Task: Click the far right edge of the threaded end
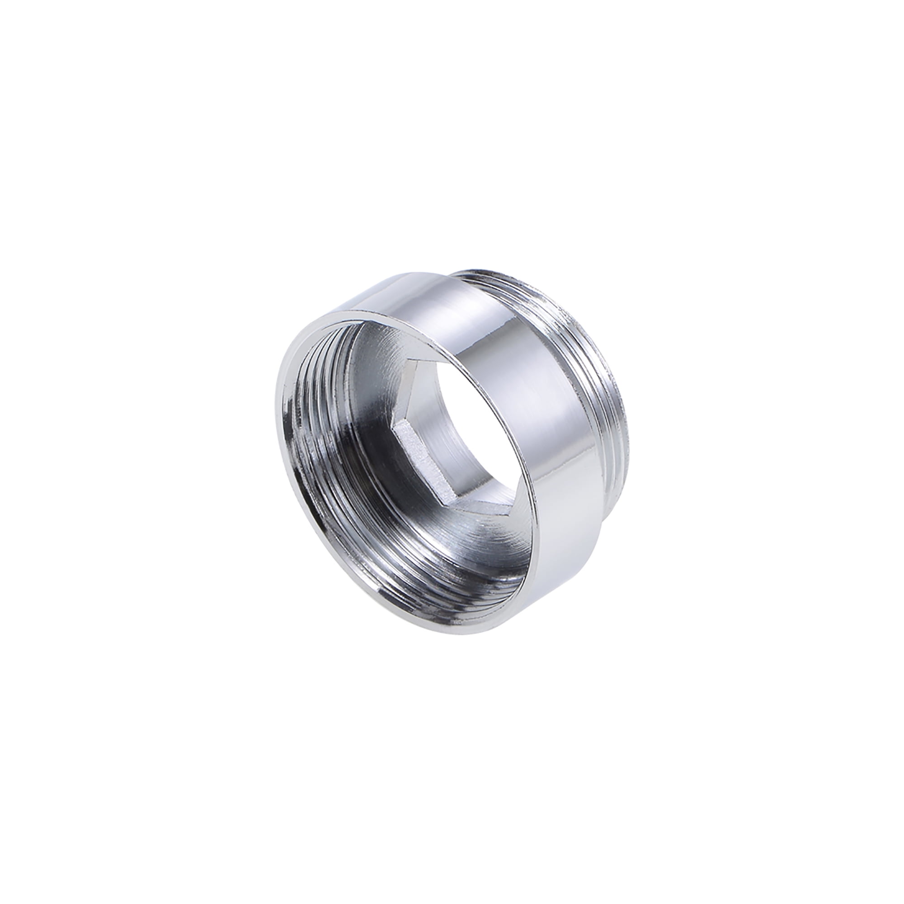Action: (x=632, y=412)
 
